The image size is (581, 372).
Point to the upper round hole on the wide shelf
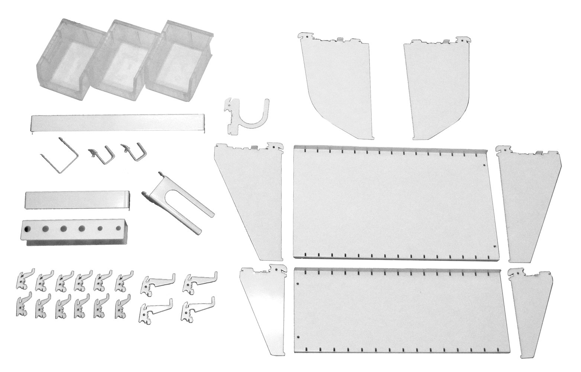tap(484, 165)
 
